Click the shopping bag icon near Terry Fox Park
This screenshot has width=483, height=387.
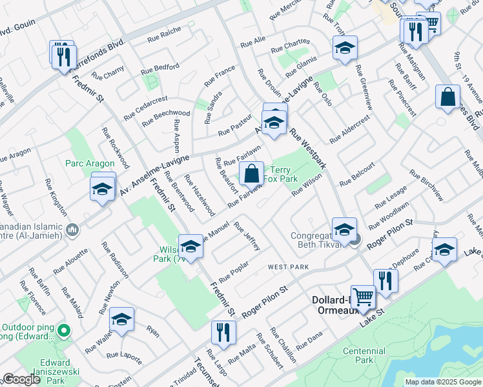(252, 174)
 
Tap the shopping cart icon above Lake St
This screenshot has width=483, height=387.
(363, 297)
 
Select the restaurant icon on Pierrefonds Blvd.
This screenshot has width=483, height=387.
(63, 55)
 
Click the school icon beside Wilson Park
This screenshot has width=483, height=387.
(190, 246)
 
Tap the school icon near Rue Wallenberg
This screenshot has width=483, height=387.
(121, 321)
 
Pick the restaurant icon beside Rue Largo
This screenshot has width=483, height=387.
(223, 332)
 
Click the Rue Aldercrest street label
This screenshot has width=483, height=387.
(350, 130)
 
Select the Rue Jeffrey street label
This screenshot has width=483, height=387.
(247, 236)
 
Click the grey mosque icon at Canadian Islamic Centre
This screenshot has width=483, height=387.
(72, 230)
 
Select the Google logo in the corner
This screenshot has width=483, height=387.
(22, 379)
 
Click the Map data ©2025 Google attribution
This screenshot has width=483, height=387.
(442, 382)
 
